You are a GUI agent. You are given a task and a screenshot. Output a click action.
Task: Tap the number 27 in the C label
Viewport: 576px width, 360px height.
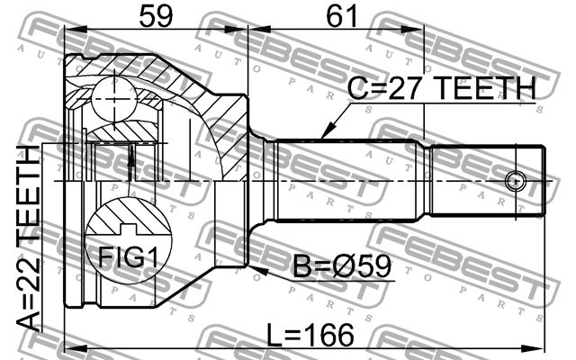[x=409, y=88]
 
